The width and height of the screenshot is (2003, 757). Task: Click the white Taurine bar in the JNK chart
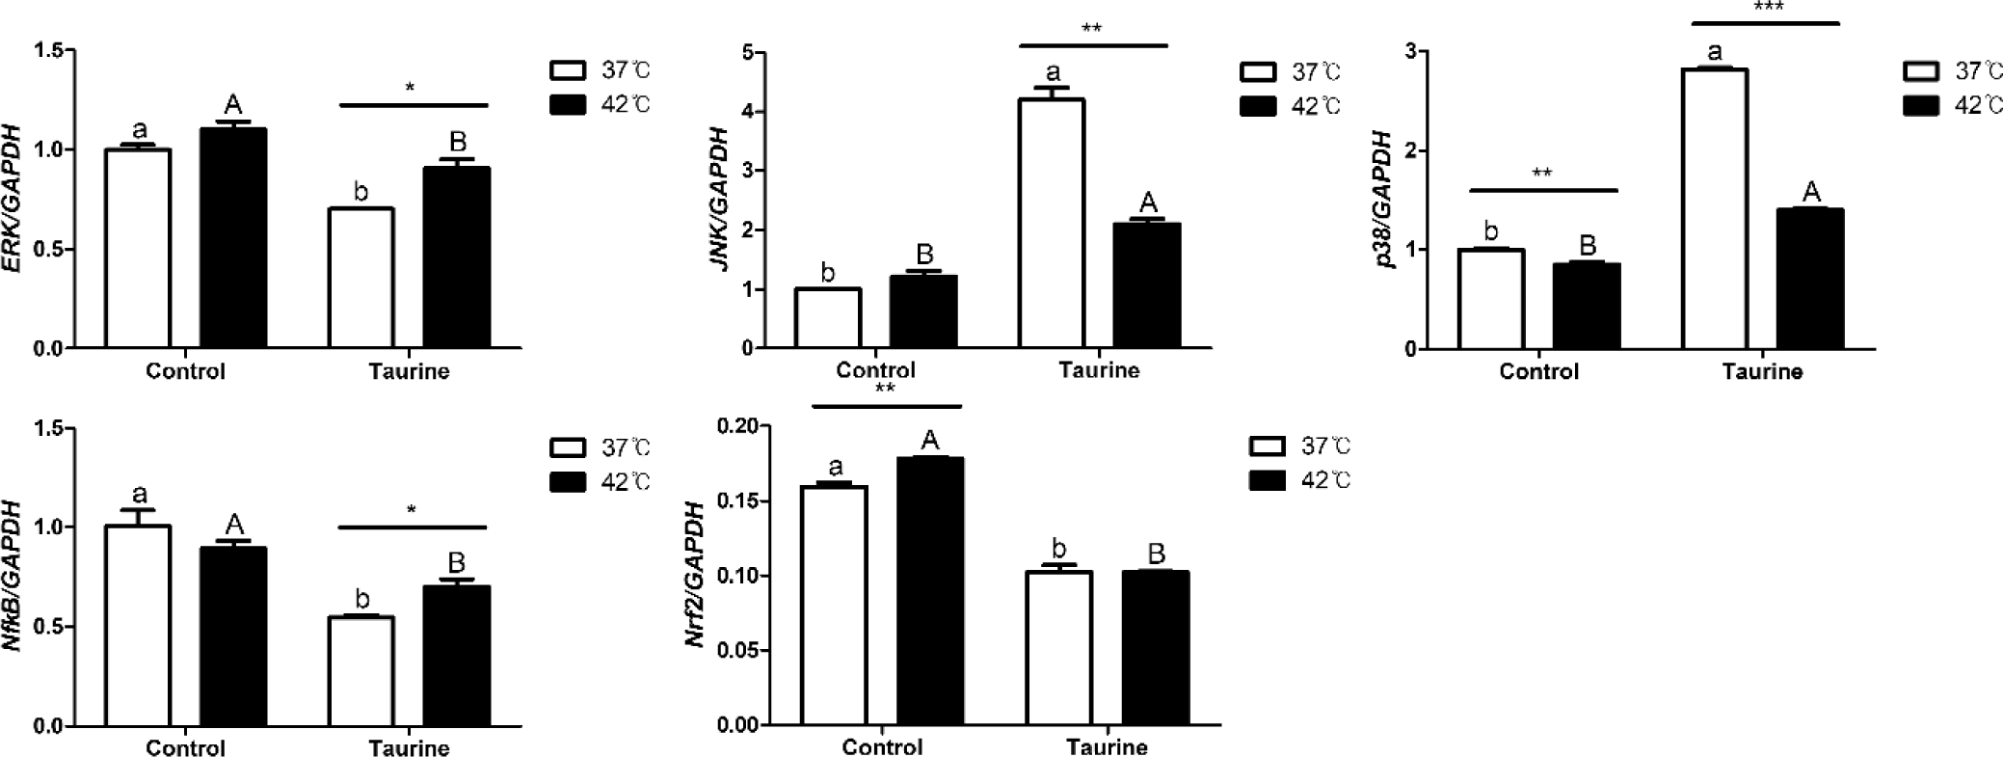[x=1052, y=224]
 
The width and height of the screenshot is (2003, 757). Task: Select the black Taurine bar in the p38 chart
[x=1810, y=279]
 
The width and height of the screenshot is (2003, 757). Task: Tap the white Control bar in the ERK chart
[x=138, y=249]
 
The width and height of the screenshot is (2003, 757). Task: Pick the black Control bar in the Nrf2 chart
[x=929, y=591]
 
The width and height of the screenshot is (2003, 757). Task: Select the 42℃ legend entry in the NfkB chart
[x=601, y=481]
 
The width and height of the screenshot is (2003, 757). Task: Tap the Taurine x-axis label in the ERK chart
[x=409, y=371]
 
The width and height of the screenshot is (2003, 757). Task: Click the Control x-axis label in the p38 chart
[x=1538, y=371]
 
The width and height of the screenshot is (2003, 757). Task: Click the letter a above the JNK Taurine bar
[x=1053, y=72]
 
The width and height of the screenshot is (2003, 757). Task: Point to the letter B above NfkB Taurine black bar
[x=457, y=562]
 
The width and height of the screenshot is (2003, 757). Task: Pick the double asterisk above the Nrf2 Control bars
[x=885, y=389]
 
